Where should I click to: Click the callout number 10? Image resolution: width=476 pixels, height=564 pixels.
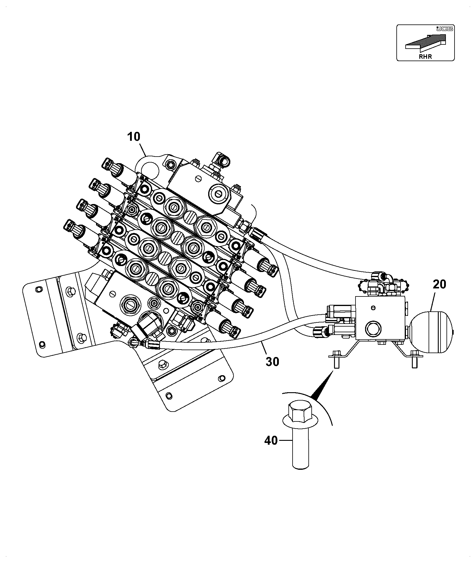tap(134, 137)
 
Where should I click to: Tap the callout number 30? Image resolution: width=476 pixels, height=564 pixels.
tap(272, 362)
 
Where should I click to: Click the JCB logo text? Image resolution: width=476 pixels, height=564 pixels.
tap(444, 29)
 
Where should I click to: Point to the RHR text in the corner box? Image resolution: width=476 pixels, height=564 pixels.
tap(425, 56)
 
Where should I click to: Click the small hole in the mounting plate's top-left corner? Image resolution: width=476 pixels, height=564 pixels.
tap(38, 289)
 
